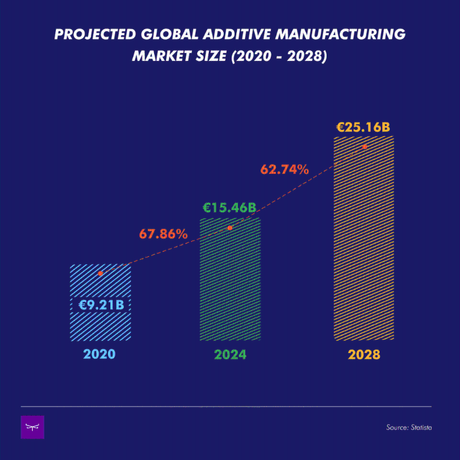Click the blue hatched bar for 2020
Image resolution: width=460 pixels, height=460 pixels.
[x=101, y=324]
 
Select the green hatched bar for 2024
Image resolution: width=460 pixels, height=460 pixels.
[x=230, y=287]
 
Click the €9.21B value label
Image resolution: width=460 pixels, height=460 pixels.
[x=101, y=304]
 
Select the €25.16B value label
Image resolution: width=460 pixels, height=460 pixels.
[x=363, y=127]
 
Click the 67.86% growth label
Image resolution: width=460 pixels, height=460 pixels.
[x=163, y=234]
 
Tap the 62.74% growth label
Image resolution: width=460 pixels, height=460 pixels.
[x=285, y=169]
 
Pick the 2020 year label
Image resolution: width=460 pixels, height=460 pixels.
[x=99, y=354]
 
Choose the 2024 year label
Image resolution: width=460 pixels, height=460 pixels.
[x=230, y=354]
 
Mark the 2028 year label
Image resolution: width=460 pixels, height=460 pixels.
[x=364, y=354]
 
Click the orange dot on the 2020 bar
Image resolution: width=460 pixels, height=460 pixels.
[x=101, y=273]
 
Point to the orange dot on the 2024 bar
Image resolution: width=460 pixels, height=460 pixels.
[x=230, y=228]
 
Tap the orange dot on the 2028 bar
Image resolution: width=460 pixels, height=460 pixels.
[x=365, y=147]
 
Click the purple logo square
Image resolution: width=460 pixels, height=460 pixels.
[x=32, y=427]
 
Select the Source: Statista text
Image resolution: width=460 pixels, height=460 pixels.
[x=409, y=428]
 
